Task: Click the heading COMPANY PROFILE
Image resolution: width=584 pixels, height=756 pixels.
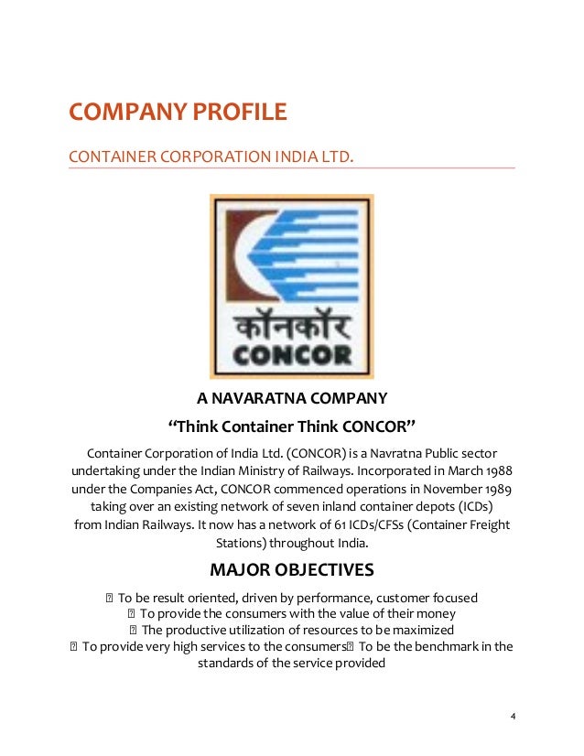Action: (178, 113)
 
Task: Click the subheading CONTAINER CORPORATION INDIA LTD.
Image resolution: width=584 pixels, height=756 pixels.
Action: (211, 159)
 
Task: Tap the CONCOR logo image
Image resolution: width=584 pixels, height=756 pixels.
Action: (291, 286)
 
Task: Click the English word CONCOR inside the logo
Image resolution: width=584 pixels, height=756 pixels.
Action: (292, 351)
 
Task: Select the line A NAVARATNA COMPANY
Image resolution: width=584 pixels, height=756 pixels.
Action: (292, 399)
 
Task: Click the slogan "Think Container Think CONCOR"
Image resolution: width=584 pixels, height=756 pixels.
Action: (292, 427)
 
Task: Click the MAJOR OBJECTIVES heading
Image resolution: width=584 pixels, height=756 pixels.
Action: (292, 570)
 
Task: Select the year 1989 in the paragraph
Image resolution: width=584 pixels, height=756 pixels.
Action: (495, 489)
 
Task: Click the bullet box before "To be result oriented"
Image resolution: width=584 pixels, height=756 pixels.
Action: (109, 599)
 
